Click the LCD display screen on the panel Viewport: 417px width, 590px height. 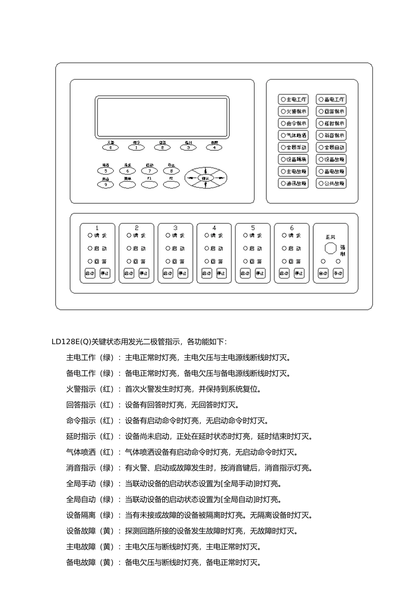tap(162, 117)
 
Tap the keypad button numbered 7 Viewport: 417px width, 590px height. tap(149, 171)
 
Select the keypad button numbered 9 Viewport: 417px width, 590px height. tap(105, 185)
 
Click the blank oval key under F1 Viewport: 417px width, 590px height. tap(149, 185)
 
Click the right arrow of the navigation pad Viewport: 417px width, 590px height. tap(221, 178)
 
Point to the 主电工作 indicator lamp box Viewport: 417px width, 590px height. tap(293, 100)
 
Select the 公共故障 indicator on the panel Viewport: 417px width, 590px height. tap(331, 183)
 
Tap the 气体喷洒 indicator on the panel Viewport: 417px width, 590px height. tap(293, 136)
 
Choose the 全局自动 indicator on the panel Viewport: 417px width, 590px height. tap(331, 147)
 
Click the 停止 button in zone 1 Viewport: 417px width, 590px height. tap(105, 273)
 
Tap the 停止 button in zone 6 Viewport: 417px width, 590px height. tap(299, 273)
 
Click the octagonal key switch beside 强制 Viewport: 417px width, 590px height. tap(331, 248)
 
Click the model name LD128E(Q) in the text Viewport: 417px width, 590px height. tap(72, 342)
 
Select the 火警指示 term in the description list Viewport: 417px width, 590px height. tap(81, 389)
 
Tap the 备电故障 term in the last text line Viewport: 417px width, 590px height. tap(81, 562)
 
